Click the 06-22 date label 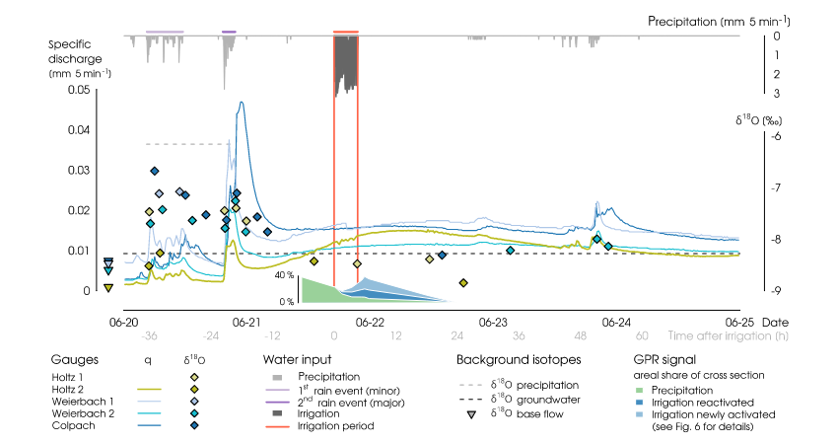tap(369, 323)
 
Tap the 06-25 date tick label tap(739, 323)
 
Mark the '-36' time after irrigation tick tap(151, 335)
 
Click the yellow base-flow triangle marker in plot tap(108, 287)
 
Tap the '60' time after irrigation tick tap(641, 335)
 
